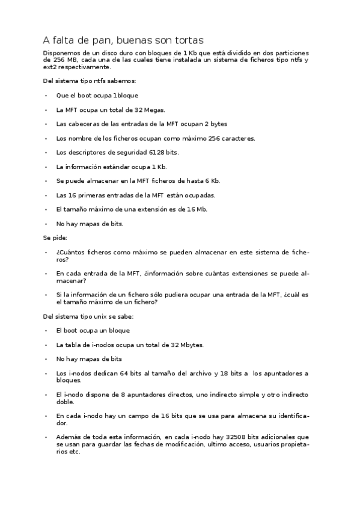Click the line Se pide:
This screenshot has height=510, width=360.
tap(55, 238)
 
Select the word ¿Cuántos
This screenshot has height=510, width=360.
tap(70, 252)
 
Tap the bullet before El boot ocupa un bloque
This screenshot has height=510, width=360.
tap(46, 331)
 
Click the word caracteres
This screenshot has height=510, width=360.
tap(239, 138)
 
